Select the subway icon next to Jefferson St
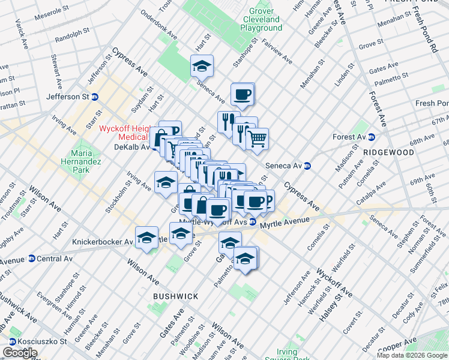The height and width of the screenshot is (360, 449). click(95, 97)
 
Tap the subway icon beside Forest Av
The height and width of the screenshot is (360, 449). click(371, 137)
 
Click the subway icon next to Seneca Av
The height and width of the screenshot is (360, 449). click(307, 166)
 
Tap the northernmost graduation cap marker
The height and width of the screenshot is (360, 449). click(202, 67)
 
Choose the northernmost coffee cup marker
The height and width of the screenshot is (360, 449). click(243, 94)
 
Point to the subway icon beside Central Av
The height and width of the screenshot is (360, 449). click(31, 259)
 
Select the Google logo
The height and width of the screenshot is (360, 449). click(20, 353)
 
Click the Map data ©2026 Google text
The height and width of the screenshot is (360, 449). click(411, 355)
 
